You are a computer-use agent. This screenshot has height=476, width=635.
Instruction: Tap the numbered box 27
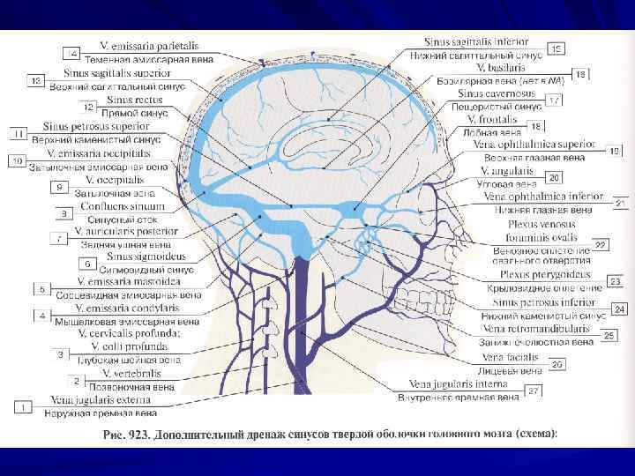[557, 48]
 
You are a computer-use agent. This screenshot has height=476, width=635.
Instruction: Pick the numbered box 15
[557, 48]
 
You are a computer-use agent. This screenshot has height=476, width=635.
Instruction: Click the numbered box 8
[62, 212]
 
